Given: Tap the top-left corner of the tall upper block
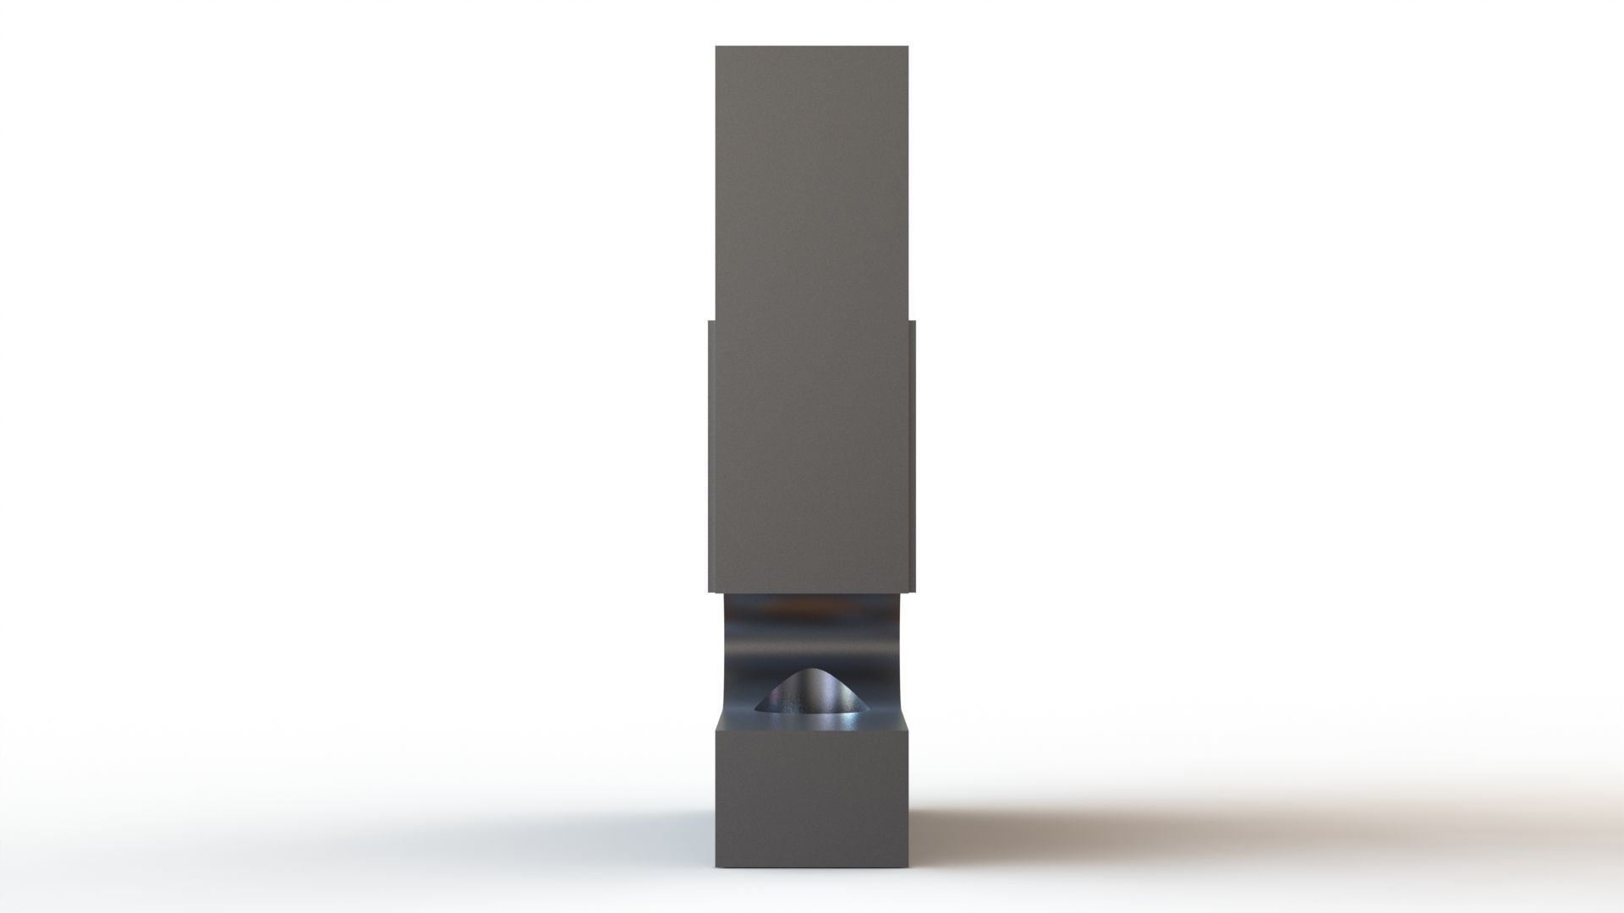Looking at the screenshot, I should click(x=716, y=47).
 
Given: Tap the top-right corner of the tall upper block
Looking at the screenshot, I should click(x=908, y=47).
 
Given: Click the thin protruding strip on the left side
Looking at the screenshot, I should click(x=711, y=456).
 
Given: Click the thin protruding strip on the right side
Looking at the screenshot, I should click(x=913, y=456).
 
